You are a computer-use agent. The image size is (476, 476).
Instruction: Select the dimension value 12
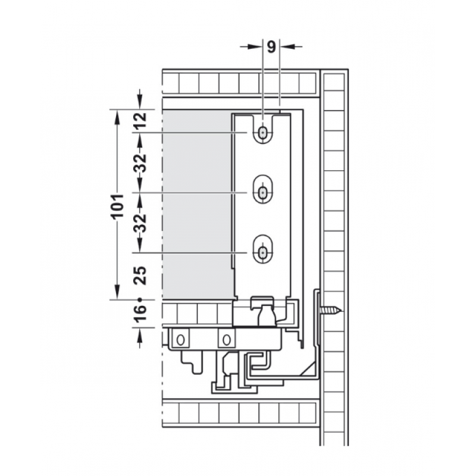pos(139,122)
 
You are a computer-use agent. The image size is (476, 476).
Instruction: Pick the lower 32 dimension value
pos(139,223)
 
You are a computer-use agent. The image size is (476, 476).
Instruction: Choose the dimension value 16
pos(139,312)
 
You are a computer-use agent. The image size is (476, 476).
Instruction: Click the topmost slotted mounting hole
pos(263,133)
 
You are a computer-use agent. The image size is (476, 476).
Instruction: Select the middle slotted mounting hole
pos(263,192)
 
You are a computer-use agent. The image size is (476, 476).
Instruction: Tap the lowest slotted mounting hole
pos(263,252)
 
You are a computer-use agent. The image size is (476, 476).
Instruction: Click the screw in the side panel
pos(329,310)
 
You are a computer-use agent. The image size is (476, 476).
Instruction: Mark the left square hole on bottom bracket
pos(180,339)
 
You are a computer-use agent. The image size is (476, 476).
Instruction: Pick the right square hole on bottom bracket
pos(225,339)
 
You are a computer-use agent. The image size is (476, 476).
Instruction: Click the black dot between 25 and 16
pos(139,299)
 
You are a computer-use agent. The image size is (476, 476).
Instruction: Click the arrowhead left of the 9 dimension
pos(258,45)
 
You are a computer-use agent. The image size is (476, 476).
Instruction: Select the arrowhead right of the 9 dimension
pos(286,45)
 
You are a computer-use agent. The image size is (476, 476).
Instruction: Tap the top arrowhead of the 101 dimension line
pos(117,114)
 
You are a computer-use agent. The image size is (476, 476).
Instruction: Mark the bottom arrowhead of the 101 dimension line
pos(117,294)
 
